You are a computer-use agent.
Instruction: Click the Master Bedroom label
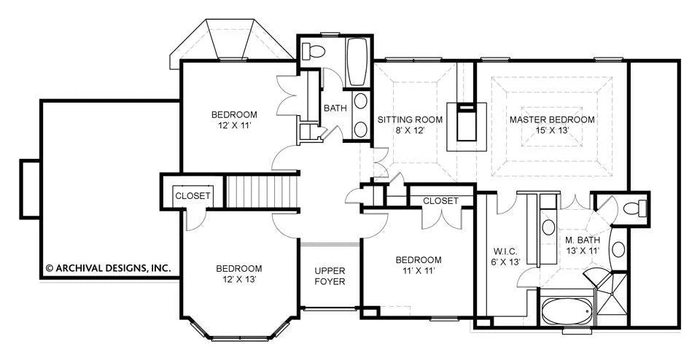[552, 120]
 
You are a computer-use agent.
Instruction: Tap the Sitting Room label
[410, 120]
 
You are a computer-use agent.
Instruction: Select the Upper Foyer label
[330, 276]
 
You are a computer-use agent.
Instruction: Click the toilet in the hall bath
[314, 50]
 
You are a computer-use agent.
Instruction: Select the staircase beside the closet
[262, 192]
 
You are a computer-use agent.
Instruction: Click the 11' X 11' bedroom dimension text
[419, 270]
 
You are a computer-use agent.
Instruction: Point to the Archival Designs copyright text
[108, 268]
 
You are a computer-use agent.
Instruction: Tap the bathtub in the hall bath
[357, 61]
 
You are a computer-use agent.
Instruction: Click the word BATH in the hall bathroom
[335, 108]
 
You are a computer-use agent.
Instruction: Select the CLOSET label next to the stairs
[192, 196]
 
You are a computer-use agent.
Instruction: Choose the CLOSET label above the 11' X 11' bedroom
[440, 200]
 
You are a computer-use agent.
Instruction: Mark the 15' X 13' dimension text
[552, 130]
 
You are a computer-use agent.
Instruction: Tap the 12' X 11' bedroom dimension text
[234, 125]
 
